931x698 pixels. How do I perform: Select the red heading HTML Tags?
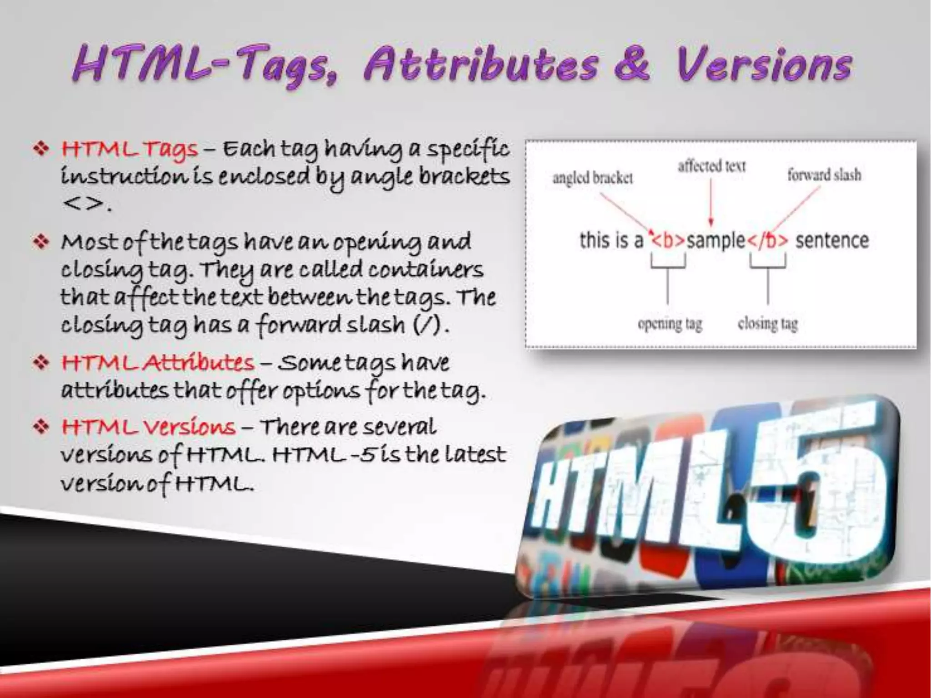pos(130,149)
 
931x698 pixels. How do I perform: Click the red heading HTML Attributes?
pos(157,363)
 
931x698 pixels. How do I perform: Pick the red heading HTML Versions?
pos(148,427)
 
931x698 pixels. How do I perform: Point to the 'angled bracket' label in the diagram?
pos(592,178)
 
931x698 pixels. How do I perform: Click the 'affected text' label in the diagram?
pos(711,166)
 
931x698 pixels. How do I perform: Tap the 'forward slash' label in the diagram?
pos(824,175)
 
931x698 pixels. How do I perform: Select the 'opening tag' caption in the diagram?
pos(670,324)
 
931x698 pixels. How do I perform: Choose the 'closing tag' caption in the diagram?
pos(768,324)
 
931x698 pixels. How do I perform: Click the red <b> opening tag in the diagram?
pos(668,241)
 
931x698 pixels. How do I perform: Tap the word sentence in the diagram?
pos(832,240)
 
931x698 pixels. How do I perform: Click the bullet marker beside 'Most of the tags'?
pos(41,242)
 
